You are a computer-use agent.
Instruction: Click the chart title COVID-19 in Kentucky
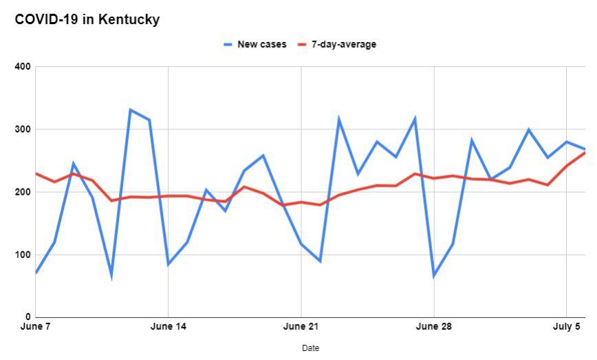tap(87, 20)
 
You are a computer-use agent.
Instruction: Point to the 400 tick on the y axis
tap(23, 67)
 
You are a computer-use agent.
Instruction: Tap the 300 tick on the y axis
tap(23, 129)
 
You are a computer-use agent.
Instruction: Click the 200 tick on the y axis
tap(23, 192)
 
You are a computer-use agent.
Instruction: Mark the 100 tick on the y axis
tap(23, 255)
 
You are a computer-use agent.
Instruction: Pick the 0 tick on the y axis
tap(28, 317)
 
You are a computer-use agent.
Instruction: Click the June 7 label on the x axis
tap(36, 326)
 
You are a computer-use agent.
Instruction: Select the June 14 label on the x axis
tap(169, 326)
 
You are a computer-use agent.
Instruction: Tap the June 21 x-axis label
tap(301, 326)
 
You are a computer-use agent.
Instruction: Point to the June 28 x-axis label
tap(434, 326)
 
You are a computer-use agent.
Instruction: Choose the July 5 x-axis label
tap(567, 326)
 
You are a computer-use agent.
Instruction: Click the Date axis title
tap(310, 348)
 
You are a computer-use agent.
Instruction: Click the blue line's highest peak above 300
tap(131, 109)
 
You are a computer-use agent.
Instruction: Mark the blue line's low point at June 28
tap(434, 276)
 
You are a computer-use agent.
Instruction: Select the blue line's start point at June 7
tap(36, 273)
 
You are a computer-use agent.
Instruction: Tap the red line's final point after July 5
tap(585, 152)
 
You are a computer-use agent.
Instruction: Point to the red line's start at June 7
tap(36, 173)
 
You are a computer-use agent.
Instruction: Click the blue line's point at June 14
tap(169, 264)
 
